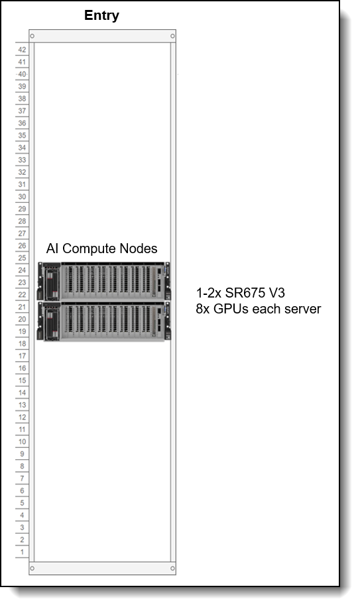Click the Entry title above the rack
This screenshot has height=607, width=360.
(x=101, y=15)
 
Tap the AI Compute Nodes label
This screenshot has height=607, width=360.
(x=102, y=248)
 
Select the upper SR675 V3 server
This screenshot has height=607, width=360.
(x=103, y=281)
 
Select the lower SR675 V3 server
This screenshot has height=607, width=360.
(x=103, y=321)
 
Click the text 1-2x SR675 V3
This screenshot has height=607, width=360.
(x=241, y=293)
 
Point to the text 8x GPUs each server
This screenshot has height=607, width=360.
(x=258, y=309)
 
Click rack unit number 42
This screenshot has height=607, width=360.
(x=22, y=50)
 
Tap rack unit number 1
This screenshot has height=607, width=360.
(x=22, y=551)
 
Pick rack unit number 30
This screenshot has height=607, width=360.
(x=22, y=197)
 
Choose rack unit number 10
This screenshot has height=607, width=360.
(x=22, y=442)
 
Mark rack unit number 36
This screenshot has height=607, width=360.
(x=22, y=123)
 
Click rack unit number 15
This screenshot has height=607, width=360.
(x=22, y=380)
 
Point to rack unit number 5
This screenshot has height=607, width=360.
(x=22, y=503)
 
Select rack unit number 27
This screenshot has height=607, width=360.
(x=22, y=233)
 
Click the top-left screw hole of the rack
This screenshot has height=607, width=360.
(x=32, y=36)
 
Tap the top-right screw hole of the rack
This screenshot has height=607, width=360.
(x=172, y=36)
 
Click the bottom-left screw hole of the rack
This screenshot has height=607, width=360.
(x=32, y=569)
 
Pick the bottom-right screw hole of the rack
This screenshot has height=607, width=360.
(x=172, y=569)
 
